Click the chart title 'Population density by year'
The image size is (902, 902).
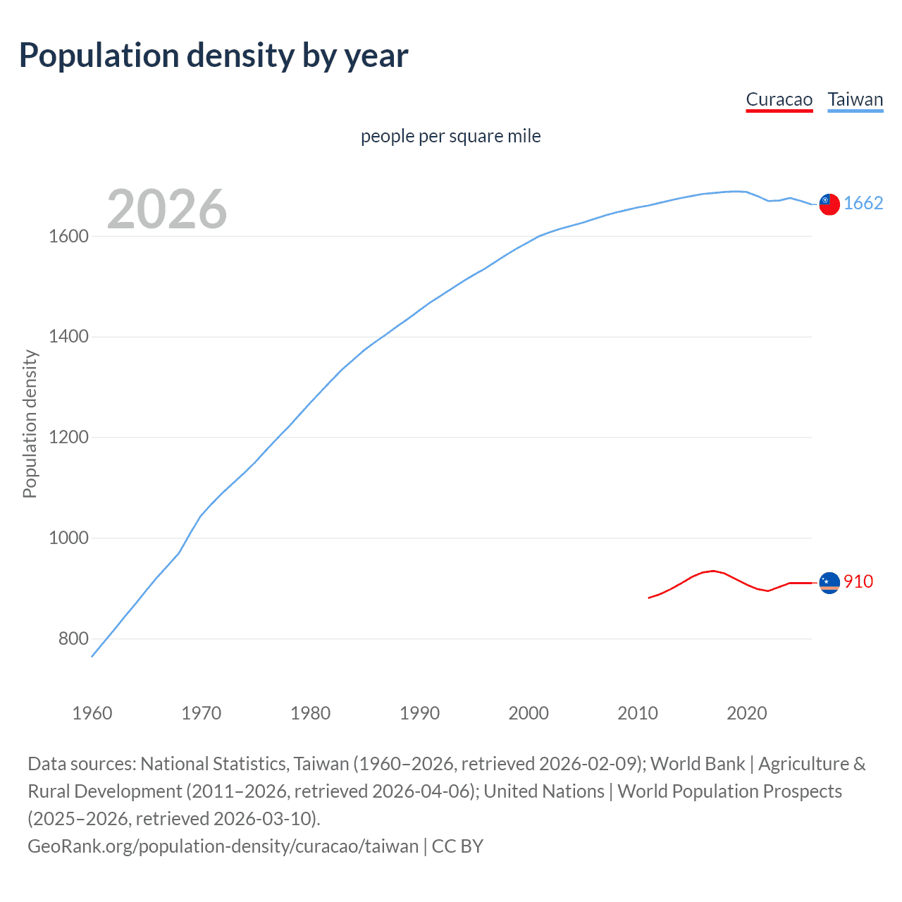[214, 56]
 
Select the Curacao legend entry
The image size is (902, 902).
[779, 99]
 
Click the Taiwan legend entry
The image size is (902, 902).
[855, 99]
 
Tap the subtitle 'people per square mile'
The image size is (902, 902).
[451, 136]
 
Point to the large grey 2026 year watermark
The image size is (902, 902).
[167, 209]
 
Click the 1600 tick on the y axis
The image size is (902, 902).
[68, 236]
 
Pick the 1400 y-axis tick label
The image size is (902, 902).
[68, 337]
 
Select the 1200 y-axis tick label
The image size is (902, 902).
[68, 438]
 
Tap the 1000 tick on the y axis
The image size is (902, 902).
[68, 538]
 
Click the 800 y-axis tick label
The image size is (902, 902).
[73, 639]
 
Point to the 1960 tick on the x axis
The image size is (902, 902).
[92, 713]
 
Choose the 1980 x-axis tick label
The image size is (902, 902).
[311, 713]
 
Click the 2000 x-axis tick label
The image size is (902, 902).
[529, 713]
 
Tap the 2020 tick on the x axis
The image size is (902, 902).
[747, 713]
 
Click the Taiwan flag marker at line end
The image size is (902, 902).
[829, 204]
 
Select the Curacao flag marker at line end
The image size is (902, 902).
[829, 583]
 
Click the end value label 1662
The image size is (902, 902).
[863, 204]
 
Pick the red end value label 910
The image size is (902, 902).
[858, 582]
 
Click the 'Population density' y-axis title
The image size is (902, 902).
[30, 424]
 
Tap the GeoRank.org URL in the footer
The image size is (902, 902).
[223, 846]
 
